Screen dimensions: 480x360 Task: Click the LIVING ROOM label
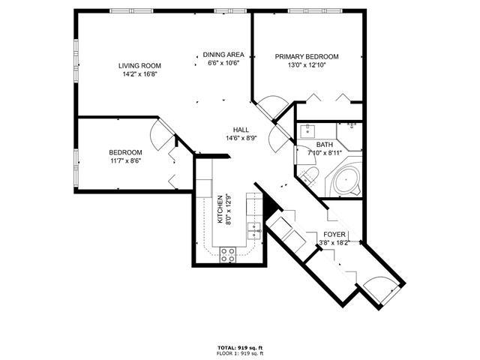pos(139,65)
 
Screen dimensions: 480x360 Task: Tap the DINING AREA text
pos(223,55)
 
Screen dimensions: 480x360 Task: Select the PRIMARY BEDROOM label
pos(307,57)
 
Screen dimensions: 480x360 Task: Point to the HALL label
pos(241,130)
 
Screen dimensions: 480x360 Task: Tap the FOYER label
pos(334,235)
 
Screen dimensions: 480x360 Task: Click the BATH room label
pos(325,145)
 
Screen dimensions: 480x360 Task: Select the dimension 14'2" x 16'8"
pos(139,74)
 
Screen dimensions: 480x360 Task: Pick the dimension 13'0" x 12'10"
pos(307,65)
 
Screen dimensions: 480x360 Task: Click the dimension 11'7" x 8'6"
pos(125,160)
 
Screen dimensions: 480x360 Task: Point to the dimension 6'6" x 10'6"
pos(223,63)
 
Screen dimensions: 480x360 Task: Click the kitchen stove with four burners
pos(228,255)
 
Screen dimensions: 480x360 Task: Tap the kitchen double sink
pos(254,230)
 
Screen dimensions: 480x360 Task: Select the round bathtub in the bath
pos(346,181)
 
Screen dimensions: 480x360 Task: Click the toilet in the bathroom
pos(309,175)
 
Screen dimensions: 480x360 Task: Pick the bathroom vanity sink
pos(307,132)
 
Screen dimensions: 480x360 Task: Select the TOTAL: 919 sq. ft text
pos(240,348)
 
